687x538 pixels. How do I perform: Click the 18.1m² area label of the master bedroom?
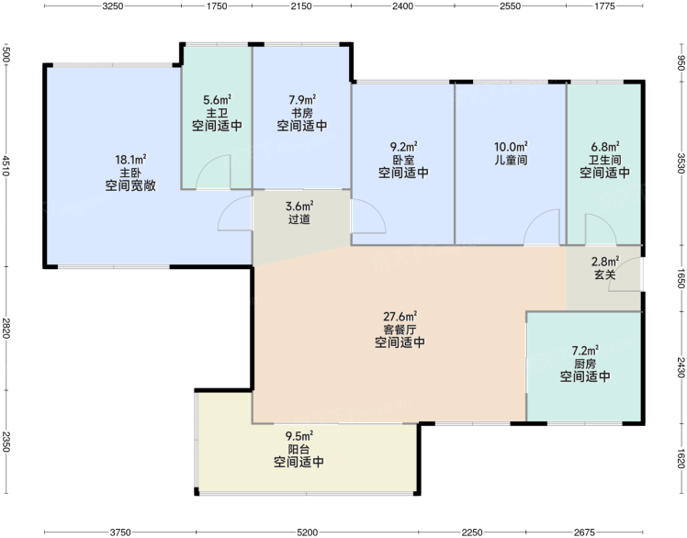click(x=130, y=159)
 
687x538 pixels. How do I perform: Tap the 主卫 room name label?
click(x=217, y=113)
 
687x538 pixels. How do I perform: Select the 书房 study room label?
click(x=302, y=113)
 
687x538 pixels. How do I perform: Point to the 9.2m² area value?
click(x=403, y=146)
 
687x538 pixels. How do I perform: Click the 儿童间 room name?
click(x=511, y=160)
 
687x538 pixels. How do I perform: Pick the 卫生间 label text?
click(x=605, y=160)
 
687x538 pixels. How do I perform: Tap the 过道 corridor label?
click(x=299, y=219)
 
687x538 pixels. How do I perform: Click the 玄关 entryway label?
click(x=605, y=275)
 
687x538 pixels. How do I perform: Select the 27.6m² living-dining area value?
click(x=400, y=316)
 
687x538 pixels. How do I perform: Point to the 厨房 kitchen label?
click(x=585, y=364)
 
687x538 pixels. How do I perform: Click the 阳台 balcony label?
click(x=298, y=449)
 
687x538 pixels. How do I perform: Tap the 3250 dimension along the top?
click(x=113, y=6)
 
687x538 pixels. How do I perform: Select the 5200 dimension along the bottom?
click(x=307, y=532)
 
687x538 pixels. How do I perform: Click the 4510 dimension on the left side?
click(x=6, y=165)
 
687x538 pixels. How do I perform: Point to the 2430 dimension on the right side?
click(x=681, y=367)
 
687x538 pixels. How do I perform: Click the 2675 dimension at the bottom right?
click(x=584, y=532)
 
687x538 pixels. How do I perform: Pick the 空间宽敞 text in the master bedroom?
click(x=130, y=185)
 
